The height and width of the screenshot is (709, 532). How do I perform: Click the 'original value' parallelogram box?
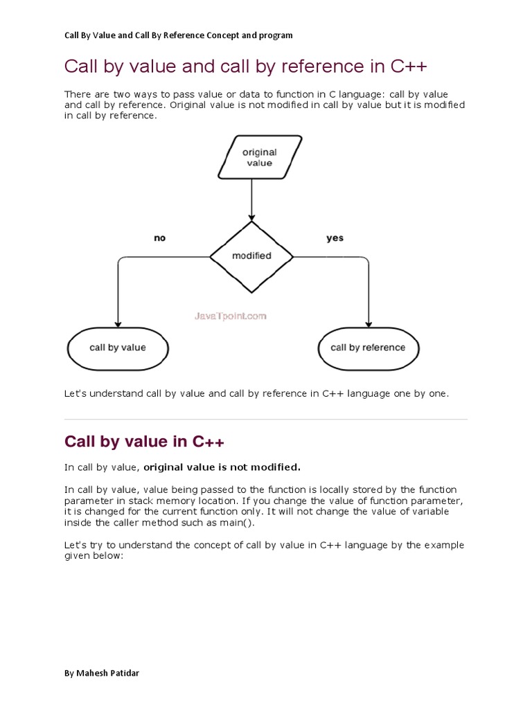click(260, 157)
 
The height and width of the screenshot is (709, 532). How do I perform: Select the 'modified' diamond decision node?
click(251, 255)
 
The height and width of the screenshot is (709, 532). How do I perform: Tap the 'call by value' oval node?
click(118, 348)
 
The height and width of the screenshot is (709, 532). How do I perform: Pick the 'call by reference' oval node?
click(368, 348)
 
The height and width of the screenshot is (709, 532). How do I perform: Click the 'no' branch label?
click(160, 238)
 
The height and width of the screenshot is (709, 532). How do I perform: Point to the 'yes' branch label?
click(335, 238)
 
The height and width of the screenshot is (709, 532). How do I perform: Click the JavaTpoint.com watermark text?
click(229, 316)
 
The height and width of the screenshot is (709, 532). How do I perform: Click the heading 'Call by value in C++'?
click(144, 442)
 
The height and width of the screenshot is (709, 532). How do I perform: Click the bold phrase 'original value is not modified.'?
click(222, 467)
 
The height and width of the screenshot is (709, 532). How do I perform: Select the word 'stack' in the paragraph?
click(141, 501)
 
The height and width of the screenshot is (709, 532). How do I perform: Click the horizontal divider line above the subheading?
click(266, 419)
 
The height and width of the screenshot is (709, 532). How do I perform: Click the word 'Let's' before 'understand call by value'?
click(76, 393)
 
